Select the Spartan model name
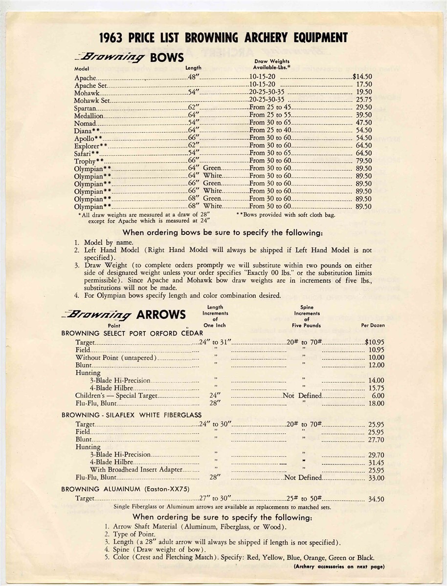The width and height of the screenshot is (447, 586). (x=85, y=107)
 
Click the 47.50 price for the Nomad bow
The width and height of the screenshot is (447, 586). (x=364, y=123)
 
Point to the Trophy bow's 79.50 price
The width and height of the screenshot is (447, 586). (x=364, y=161)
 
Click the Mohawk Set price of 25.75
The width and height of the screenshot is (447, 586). (x=364, y=100)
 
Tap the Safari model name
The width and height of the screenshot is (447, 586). (x=87, y=153)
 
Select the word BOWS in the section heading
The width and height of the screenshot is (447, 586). (x=167, y=58)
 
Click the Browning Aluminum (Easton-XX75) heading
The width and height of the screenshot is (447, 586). (x=125, y=488)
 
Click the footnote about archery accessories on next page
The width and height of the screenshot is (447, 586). (x=339, y=567)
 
